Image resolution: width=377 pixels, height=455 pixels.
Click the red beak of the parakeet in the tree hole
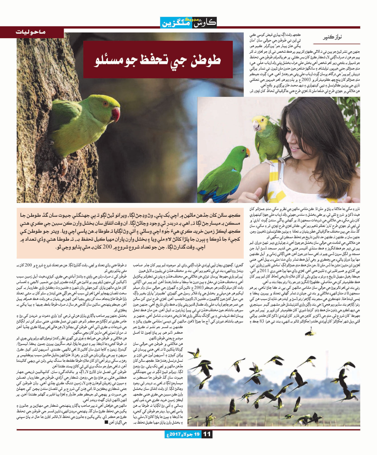[116, 114]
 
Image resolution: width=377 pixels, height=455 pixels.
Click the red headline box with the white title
[158, 59]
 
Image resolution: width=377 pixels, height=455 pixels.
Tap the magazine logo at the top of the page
[189, 22]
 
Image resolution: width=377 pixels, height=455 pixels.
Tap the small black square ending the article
[106, 422]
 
